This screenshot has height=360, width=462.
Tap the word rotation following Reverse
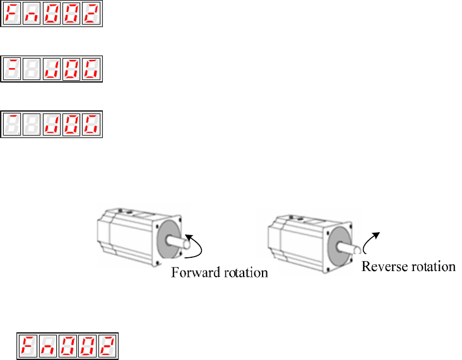tap(431, 267)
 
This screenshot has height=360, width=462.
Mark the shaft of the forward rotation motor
tap(177, 241)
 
